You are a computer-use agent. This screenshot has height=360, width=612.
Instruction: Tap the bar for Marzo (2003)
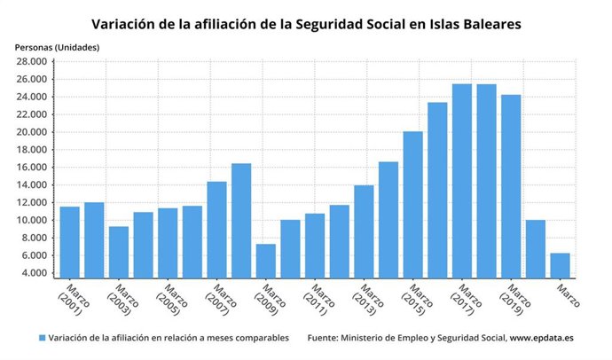point(119,252)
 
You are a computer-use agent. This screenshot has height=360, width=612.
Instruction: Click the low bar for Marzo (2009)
point(265,261)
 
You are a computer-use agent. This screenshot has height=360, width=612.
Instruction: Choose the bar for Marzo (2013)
point(364,231)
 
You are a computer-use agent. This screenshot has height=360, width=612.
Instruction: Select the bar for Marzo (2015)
point(412,204)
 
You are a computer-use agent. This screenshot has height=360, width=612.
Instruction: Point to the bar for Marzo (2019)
point(510,185)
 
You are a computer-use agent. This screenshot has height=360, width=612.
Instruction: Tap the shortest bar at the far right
point(560,265)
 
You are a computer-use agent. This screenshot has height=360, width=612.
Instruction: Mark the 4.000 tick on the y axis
point(34,273)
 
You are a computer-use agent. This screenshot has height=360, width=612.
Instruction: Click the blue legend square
point(42,338)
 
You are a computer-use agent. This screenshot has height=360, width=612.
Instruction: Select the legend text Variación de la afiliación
point(169,338)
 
